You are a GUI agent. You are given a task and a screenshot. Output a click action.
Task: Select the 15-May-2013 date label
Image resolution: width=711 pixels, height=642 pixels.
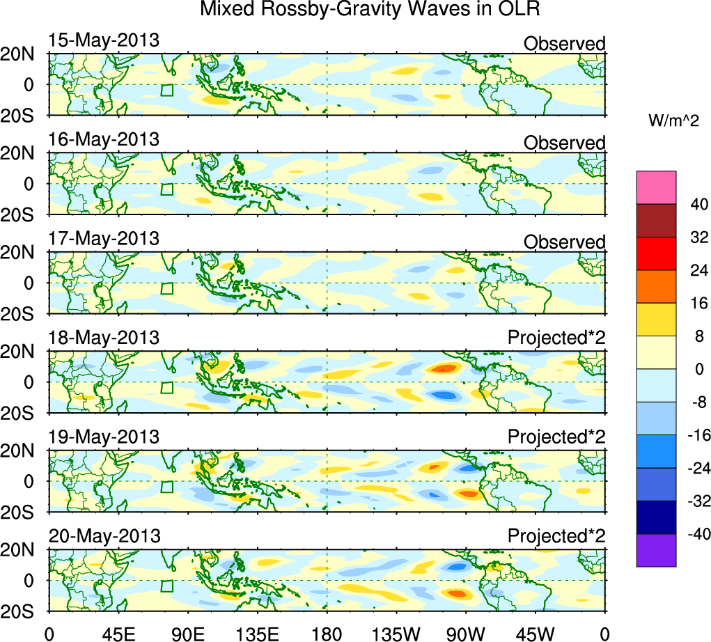(x=103, y=40)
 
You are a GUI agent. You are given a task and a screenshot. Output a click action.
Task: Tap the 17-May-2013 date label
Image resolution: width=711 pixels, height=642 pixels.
(x=103, y=239)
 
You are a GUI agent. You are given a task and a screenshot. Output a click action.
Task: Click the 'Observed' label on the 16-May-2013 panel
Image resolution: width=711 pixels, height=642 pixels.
(x=564, y=143)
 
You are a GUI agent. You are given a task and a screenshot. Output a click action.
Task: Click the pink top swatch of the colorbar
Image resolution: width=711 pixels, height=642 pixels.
(x=656, y=187)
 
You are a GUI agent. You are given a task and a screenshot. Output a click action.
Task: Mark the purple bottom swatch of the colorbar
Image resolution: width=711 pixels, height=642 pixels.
(x=656, y=550)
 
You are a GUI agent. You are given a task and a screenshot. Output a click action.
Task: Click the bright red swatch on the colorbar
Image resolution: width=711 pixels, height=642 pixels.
(x=656, y=253)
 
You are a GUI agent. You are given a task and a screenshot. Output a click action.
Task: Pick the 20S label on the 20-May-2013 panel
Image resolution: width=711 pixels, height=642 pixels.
(x=23, y=610)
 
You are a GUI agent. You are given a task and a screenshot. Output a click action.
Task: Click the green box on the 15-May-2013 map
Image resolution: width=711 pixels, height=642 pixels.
(x=166, y=91)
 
